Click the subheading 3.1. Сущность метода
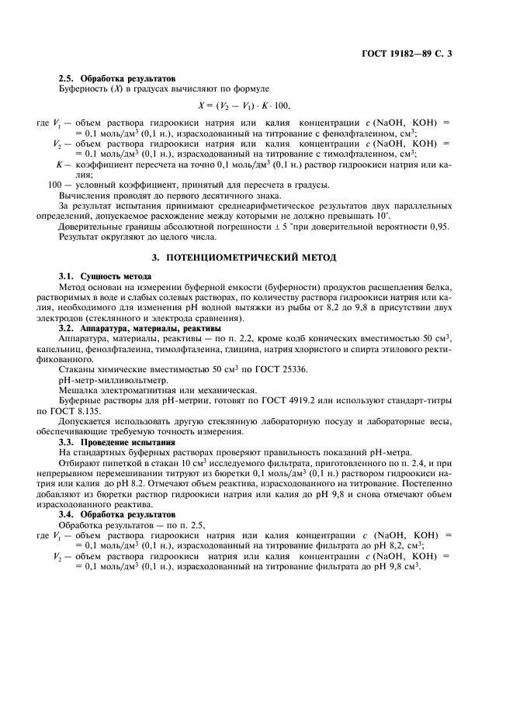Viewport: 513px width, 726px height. point(106,276)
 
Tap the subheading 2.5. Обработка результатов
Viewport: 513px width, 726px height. point(118,78)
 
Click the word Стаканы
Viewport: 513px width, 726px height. point(78,370)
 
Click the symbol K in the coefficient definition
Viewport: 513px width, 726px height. point(58,164)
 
